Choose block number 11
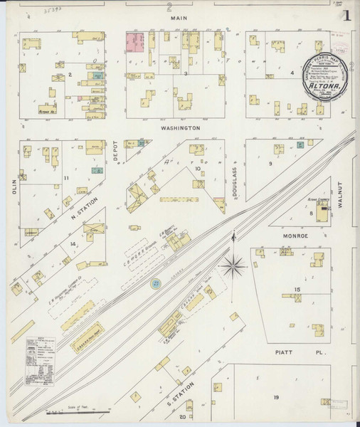(66, 177)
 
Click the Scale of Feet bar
(85, 408)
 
